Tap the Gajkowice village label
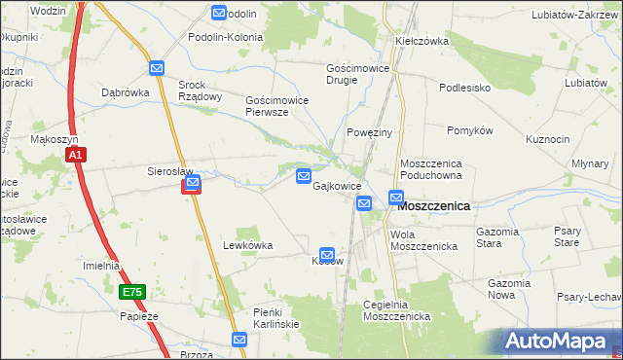[337, 186]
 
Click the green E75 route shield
[132, 292]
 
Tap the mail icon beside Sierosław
[193, 183]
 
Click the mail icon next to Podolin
[219, 14]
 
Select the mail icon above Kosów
[328, 254]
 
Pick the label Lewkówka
[247, 245]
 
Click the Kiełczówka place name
[421, 42]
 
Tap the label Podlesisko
[463, 88]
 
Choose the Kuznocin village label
[547, 139]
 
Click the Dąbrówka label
[124, 93]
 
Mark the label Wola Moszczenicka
[423, 240]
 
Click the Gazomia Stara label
[502, 236]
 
